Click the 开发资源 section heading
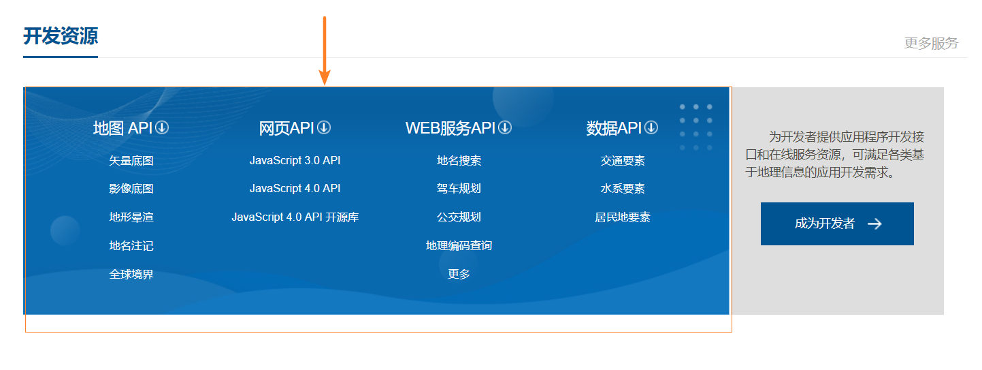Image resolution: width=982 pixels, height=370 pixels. tap(61, 35)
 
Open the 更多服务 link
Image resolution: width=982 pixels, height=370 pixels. tap(930, 44)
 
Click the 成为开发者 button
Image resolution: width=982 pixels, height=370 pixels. tap(836, 223)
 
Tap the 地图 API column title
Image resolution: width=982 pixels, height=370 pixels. tap(122, 128)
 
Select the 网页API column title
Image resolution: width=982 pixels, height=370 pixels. tap(287, 128)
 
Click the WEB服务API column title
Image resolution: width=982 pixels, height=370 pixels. tap(450, 128)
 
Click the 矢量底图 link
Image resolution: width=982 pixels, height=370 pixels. tap(131, 161)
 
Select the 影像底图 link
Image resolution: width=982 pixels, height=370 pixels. tap(131, 189)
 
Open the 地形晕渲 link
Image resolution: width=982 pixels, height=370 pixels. tap(131, 217)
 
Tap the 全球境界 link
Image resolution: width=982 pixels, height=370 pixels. tap(131, 275)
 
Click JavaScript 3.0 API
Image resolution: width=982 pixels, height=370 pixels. tap(295, 161)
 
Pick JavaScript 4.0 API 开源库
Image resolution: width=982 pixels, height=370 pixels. tap(295, 217)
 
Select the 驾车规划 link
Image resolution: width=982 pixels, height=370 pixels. tap(459, 189)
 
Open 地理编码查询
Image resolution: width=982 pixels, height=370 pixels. tap(459, 246)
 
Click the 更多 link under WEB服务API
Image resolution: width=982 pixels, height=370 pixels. tap(459, 275)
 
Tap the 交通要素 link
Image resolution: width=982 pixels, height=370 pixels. tap(623, 161)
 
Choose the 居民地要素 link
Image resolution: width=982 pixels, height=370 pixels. tap(623, 217)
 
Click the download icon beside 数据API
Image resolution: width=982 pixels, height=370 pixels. tap(651, 127)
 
